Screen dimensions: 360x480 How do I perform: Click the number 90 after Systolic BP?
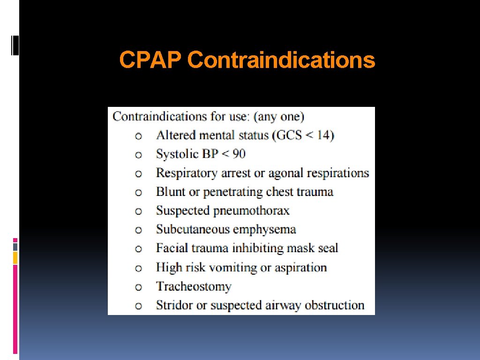click(239, 154)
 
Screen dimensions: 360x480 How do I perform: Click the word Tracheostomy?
click(194, 286)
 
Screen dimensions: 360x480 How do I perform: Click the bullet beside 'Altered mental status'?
click(138, 136)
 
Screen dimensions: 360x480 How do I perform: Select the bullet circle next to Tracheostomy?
click(138, 287)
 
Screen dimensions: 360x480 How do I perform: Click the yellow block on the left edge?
click(15, 257)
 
